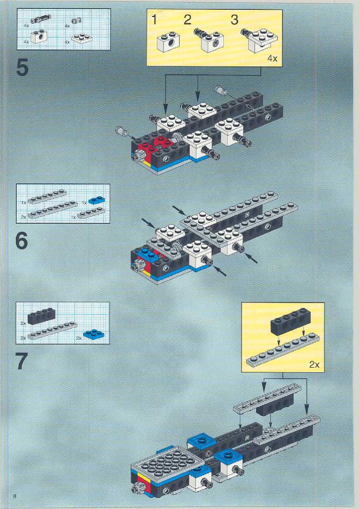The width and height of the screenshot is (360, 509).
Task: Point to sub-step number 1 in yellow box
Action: pos(154,20)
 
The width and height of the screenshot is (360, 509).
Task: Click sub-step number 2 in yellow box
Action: pos(187,20)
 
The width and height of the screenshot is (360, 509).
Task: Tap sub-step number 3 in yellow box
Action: pos(234,20)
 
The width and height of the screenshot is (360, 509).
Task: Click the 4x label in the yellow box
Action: pos(272,59)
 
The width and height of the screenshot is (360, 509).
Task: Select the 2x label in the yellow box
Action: pos(314,365)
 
